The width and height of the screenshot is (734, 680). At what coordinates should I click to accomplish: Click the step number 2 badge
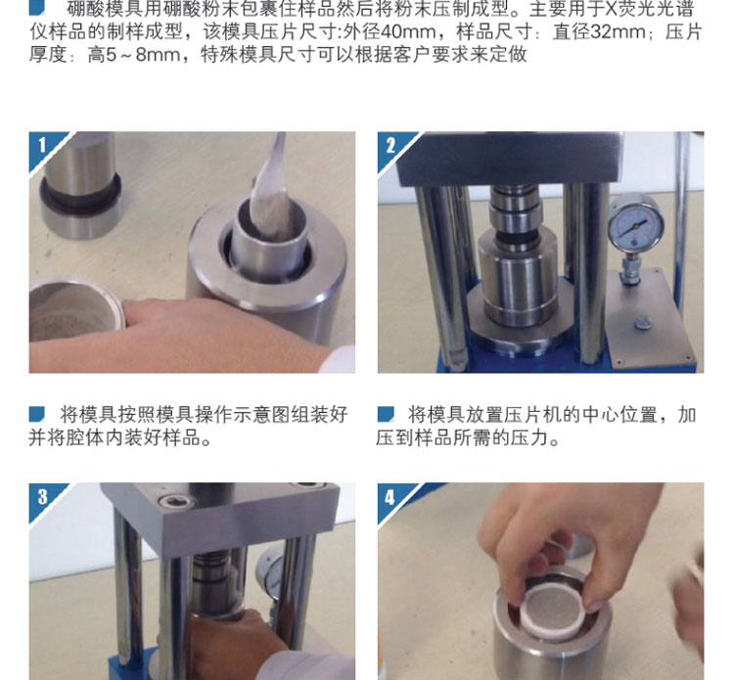394,147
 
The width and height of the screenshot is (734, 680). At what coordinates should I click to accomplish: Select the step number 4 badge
394,498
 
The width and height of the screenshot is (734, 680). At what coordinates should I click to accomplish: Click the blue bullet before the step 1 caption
36,414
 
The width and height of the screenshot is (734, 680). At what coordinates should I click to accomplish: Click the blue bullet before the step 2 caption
386,414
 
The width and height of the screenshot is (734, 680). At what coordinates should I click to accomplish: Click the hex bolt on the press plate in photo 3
177,501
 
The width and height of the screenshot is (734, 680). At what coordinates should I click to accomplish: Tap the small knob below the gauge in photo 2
641,323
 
